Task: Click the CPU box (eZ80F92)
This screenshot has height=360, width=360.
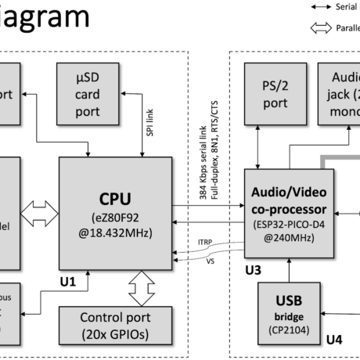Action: pyautogui.click(x=115, y=211)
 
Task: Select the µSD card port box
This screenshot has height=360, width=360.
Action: pyautogui.click(x=88, y=93)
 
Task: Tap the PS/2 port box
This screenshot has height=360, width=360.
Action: pyautogui.click(x=275, y=93)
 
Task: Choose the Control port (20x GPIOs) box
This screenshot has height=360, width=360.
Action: pyautogui.click(x=115, y=326)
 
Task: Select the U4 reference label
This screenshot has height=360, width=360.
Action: pyautogui.click(x=334, y=339)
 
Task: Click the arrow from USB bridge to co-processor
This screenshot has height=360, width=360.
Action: pyautogui.click(x=289, y=271)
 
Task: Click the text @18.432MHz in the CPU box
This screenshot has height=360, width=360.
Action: pyautogui.click(x=115, y=232)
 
